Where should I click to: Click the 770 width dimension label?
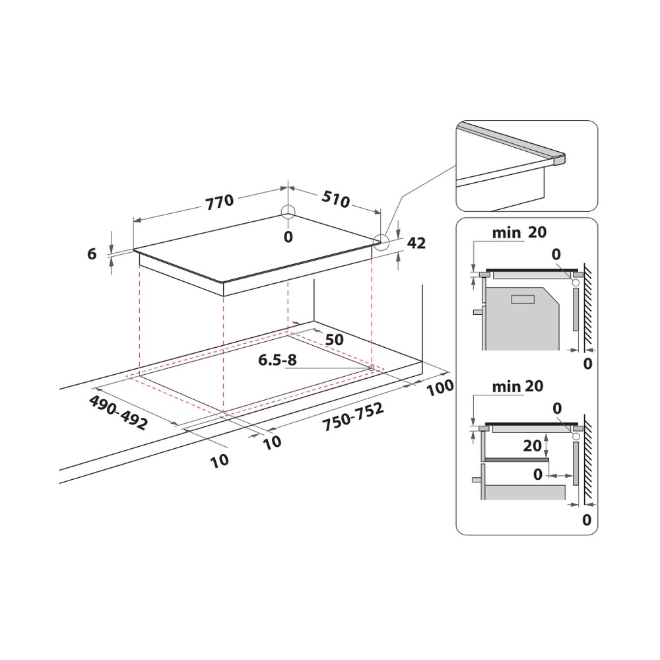click(x=219, y=201)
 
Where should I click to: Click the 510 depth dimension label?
click(x=335, y=199)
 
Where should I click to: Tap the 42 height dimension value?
click(x=416, y=243)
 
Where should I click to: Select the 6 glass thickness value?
click(x=92, y=254)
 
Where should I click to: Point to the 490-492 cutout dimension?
click(x=118, y=412)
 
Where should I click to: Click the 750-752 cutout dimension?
click(x=353, y=416)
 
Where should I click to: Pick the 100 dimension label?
click(x=440, y=387)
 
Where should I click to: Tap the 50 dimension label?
click(x=335, y=340)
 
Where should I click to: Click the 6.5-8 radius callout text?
click(x=277, y=360)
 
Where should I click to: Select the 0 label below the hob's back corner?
click(x=288, y=237)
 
